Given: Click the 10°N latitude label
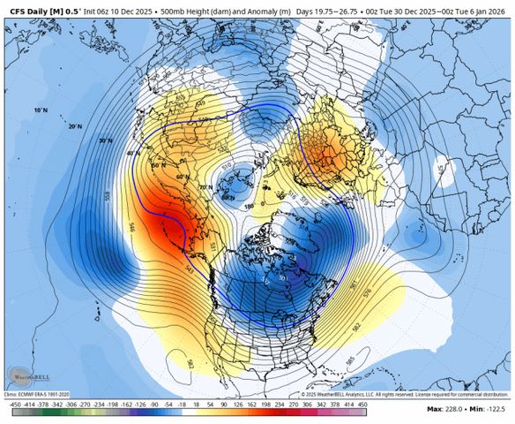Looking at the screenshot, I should [40, 110].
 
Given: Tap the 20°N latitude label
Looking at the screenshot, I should [75, 126].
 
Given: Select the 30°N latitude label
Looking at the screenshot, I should [106, 140].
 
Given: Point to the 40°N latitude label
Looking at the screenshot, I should [133, 153].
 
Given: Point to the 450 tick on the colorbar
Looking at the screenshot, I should [361, 403].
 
